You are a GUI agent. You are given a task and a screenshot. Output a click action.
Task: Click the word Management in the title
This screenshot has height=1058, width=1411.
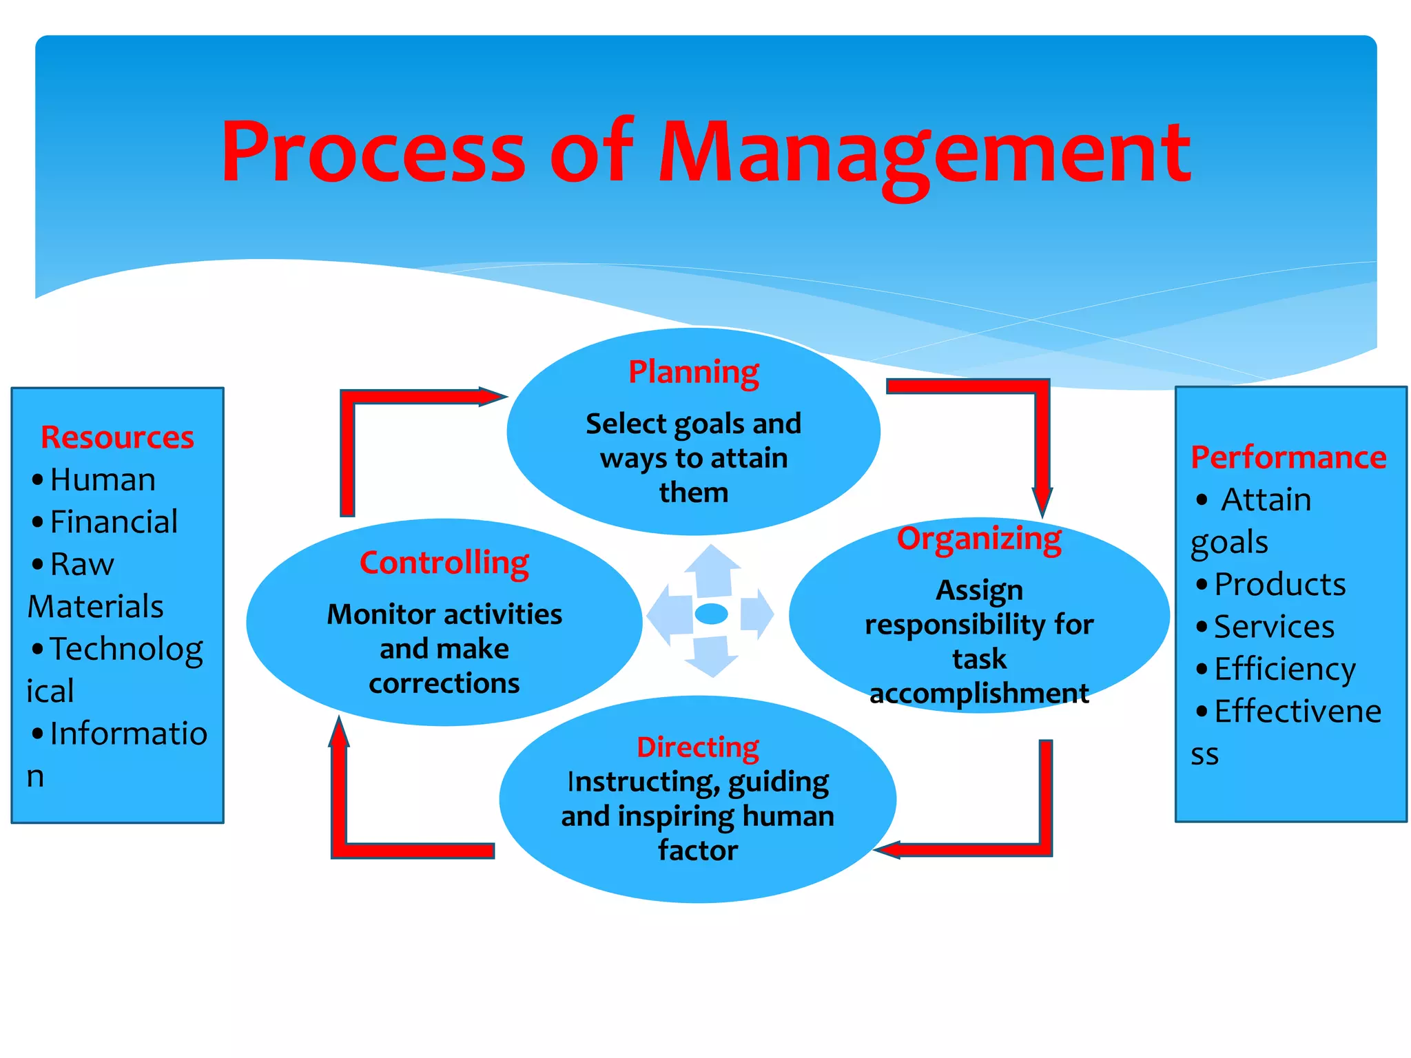tap(924, 153)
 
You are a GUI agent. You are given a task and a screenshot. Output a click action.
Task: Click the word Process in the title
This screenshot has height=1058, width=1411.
tap(373, 153)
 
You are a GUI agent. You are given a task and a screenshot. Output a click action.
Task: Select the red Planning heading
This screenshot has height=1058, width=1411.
tap(693, 373)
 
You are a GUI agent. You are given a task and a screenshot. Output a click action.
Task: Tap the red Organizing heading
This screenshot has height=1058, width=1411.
tap(979, 539)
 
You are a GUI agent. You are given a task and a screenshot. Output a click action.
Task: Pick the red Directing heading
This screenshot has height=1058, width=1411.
tap(697, 747)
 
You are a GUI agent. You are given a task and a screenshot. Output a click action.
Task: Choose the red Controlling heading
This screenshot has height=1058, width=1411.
tap(444, 563)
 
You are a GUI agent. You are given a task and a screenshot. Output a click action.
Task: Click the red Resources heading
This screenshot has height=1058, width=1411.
tap(117, 437)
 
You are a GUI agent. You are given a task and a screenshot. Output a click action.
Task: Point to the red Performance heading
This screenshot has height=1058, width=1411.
tap(1288, 457)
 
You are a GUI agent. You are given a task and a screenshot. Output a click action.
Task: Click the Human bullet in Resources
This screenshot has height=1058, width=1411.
tap(103, 479)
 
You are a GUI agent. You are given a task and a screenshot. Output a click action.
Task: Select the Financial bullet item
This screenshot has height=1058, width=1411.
tap(114, 521)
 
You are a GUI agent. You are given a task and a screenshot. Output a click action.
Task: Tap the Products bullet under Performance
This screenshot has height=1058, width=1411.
tap(1279, 584)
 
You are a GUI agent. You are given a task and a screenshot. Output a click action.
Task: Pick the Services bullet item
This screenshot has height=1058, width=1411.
tap(1274, 627)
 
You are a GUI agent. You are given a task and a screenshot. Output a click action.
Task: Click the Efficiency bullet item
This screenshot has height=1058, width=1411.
tap(1284, 669)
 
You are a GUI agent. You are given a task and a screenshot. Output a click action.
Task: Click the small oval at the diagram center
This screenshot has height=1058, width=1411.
tap(711, 613)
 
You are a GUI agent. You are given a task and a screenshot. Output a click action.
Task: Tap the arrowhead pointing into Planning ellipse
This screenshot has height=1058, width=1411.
tap(495, 397)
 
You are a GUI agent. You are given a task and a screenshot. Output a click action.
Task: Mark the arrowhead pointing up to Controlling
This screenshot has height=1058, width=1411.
tap(338, 732)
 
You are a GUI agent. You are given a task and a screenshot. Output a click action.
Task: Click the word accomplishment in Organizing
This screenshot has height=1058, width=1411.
tap(979, 694)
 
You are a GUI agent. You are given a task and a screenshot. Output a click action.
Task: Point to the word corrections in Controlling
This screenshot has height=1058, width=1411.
tap(444, 684)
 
